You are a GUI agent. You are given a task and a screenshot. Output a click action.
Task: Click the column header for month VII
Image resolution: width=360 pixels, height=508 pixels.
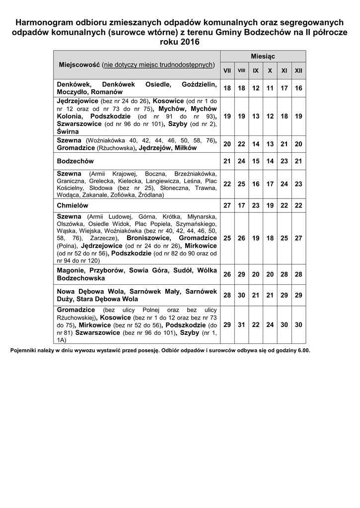point(227,71)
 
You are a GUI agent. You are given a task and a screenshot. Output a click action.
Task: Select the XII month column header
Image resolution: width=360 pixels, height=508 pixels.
point(298,71)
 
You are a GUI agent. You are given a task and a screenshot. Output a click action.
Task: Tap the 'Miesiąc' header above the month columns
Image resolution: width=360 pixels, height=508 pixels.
point(263,57)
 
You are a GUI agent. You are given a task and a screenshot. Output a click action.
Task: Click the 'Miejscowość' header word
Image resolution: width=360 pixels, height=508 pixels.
point(79,65)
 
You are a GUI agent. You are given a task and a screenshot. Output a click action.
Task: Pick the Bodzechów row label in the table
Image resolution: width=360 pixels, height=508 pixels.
point(75,161)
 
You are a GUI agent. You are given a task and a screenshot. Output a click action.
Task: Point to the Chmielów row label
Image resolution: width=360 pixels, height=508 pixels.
point(72,205)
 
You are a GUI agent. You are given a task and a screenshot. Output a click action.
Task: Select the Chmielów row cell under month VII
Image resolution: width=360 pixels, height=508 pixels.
point(227,205)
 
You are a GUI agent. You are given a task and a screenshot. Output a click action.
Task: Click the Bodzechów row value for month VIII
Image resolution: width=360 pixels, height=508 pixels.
point(241,161)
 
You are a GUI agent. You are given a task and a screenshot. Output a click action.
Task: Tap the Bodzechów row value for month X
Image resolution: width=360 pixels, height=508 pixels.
point(270,161)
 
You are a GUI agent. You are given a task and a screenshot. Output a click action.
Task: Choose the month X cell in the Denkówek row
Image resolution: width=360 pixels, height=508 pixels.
point(270,88)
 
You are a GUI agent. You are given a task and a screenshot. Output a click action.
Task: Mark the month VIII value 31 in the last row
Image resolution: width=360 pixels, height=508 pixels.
point(241,324)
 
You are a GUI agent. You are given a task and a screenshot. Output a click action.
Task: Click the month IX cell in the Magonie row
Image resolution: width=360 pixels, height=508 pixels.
point(256,274)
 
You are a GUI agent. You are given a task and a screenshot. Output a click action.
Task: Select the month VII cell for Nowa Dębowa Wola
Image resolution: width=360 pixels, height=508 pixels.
point(227,295)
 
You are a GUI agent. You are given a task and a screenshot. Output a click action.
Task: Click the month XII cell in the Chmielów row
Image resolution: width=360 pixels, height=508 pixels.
point(298,205)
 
